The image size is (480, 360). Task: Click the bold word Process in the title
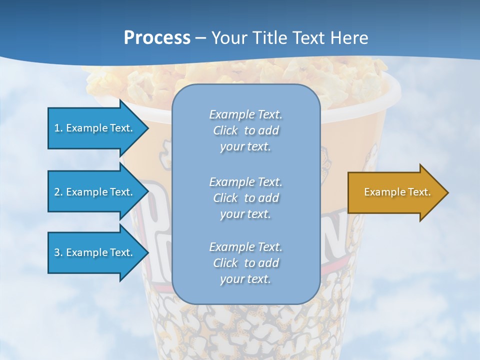point(157,38)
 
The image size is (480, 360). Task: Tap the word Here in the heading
point(348,38)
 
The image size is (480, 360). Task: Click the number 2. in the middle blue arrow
point(58,192)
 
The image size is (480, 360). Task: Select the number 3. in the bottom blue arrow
point(58,252)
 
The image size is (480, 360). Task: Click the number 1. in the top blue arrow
point(58,128)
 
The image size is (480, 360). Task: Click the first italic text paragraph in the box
point(245,130)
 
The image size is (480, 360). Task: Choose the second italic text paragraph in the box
point(245,197)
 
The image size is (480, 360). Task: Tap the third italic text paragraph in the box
point(245,263)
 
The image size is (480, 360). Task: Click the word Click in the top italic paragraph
point(225,130)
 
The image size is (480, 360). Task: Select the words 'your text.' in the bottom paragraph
point(245,279)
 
